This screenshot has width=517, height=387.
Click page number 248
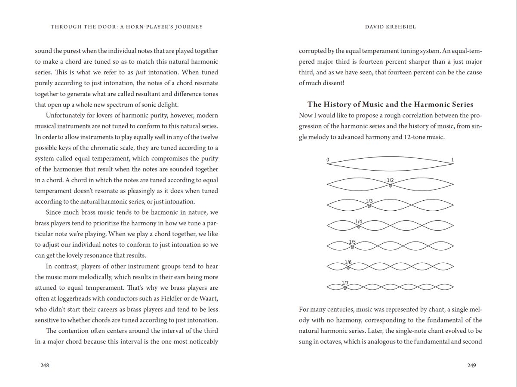[45, 365]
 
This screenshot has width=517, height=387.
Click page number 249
[471, 365]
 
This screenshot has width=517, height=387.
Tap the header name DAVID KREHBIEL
[391, 27]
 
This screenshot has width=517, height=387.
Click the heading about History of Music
[390, 104]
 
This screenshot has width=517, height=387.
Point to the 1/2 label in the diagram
[390, 180]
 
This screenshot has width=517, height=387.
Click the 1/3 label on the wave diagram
[369, 201]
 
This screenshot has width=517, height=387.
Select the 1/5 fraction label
[352, 242]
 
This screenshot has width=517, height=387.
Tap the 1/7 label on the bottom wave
[345, 283]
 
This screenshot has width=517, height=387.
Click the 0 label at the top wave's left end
[328, 160]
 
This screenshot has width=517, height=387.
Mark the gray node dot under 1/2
[390, 186]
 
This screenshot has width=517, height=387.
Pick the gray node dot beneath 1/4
[359, 227]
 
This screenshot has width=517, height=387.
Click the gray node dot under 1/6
[348, 267]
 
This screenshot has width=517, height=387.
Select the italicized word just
[141, 72]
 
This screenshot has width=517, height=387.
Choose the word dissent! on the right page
[332, 83]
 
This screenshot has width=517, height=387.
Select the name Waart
[208, 298]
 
